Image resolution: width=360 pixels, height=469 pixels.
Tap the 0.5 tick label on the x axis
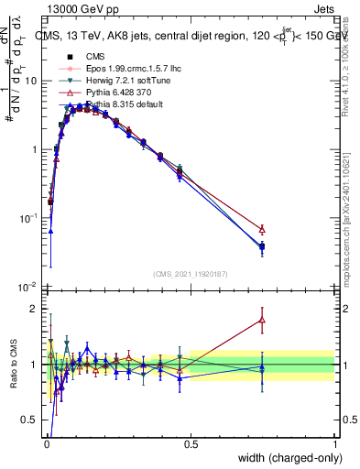[x=190, y=443]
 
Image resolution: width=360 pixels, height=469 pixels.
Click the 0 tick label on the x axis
[x=46, y=443]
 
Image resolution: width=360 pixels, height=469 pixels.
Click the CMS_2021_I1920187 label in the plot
[x=190, y=274]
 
